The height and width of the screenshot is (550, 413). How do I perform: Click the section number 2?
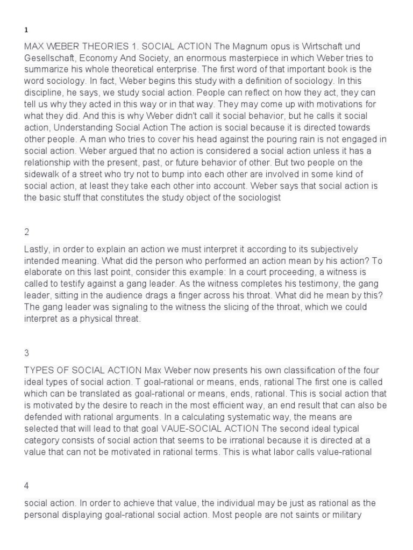coord(27,232)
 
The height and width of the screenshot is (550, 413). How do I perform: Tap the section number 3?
coord(27,353)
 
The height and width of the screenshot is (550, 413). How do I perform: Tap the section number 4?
coord(27,486)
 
